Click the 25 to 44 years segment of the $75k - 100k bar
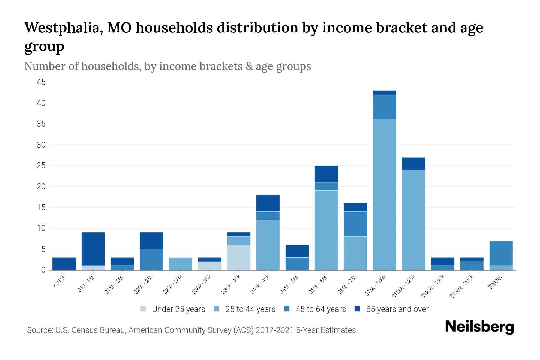pyautogui.click(x=384, y=195)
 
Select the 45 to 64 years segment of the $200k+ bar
pyautogui.click(x=501, y=253)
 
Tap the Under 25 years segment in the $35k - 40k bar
pyautogui.click(x=239, y=257)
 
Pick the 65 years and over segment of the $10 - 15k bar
pyautogui.click(x=93, y=249)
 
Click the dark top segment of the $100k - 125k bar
pyautogui.click(x=413, y=163)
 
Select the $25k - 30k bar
pyautogui.click(x=181, y=264)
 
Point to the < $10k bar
pyautogui.click(x=64, y=264)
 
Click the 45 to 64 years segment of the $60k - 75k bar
pyautogui.click(x=355, y=224)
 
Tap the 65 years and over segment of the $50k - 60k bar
pyautogui.click(x=326, y=174)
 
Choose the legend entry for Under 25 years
pyautogui.click(x=173, y=309)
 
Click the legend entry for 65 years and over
pyautogui.click(x=391, y=309)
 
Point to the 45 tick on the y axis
pyautogui.click(x=41, y=82)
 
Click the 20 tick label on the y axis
pyautogui.click(x=41, y=187)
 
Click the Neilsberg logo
pyautogui.click(x=479, y=327)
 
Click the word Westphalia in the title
pyautogui.click(x=64, y=28)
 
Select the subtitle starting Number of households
pyautogui.click(x=168, y=66)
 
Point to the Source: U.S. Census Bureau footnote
pyautogui.click(x=191, y=330)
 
